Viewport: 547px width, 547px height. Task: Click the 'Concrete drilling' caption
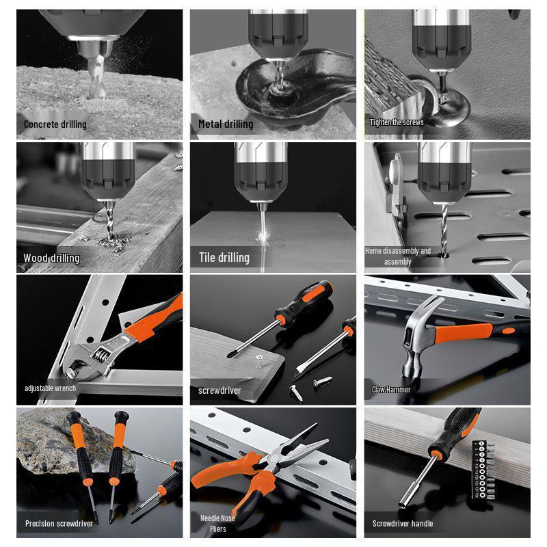(55, 124)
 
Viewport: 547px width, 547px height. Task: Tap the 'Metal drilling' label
(226, 124)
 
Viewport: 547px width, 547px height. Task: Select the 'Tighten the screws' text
(397, 122)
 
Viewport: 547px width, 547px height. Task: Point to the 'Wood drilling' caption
(51, 258)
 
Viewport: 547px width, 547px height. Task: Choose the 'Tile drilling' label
(224, 258)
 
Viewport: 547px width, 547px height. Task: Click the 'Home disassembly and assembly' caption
(398, 256)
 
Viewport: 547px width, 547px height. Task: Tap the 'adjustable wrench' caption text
(50, 388)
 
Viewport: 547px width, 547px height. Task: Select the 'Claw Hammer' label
(391, 390)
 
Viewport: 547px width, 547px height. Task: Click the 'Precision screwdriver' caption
(59, 524)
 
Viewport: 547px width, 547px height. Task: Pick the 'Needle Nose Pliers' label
(217, 524)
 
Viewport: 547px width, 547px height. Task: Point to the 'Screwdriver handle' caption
(403, 524)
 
